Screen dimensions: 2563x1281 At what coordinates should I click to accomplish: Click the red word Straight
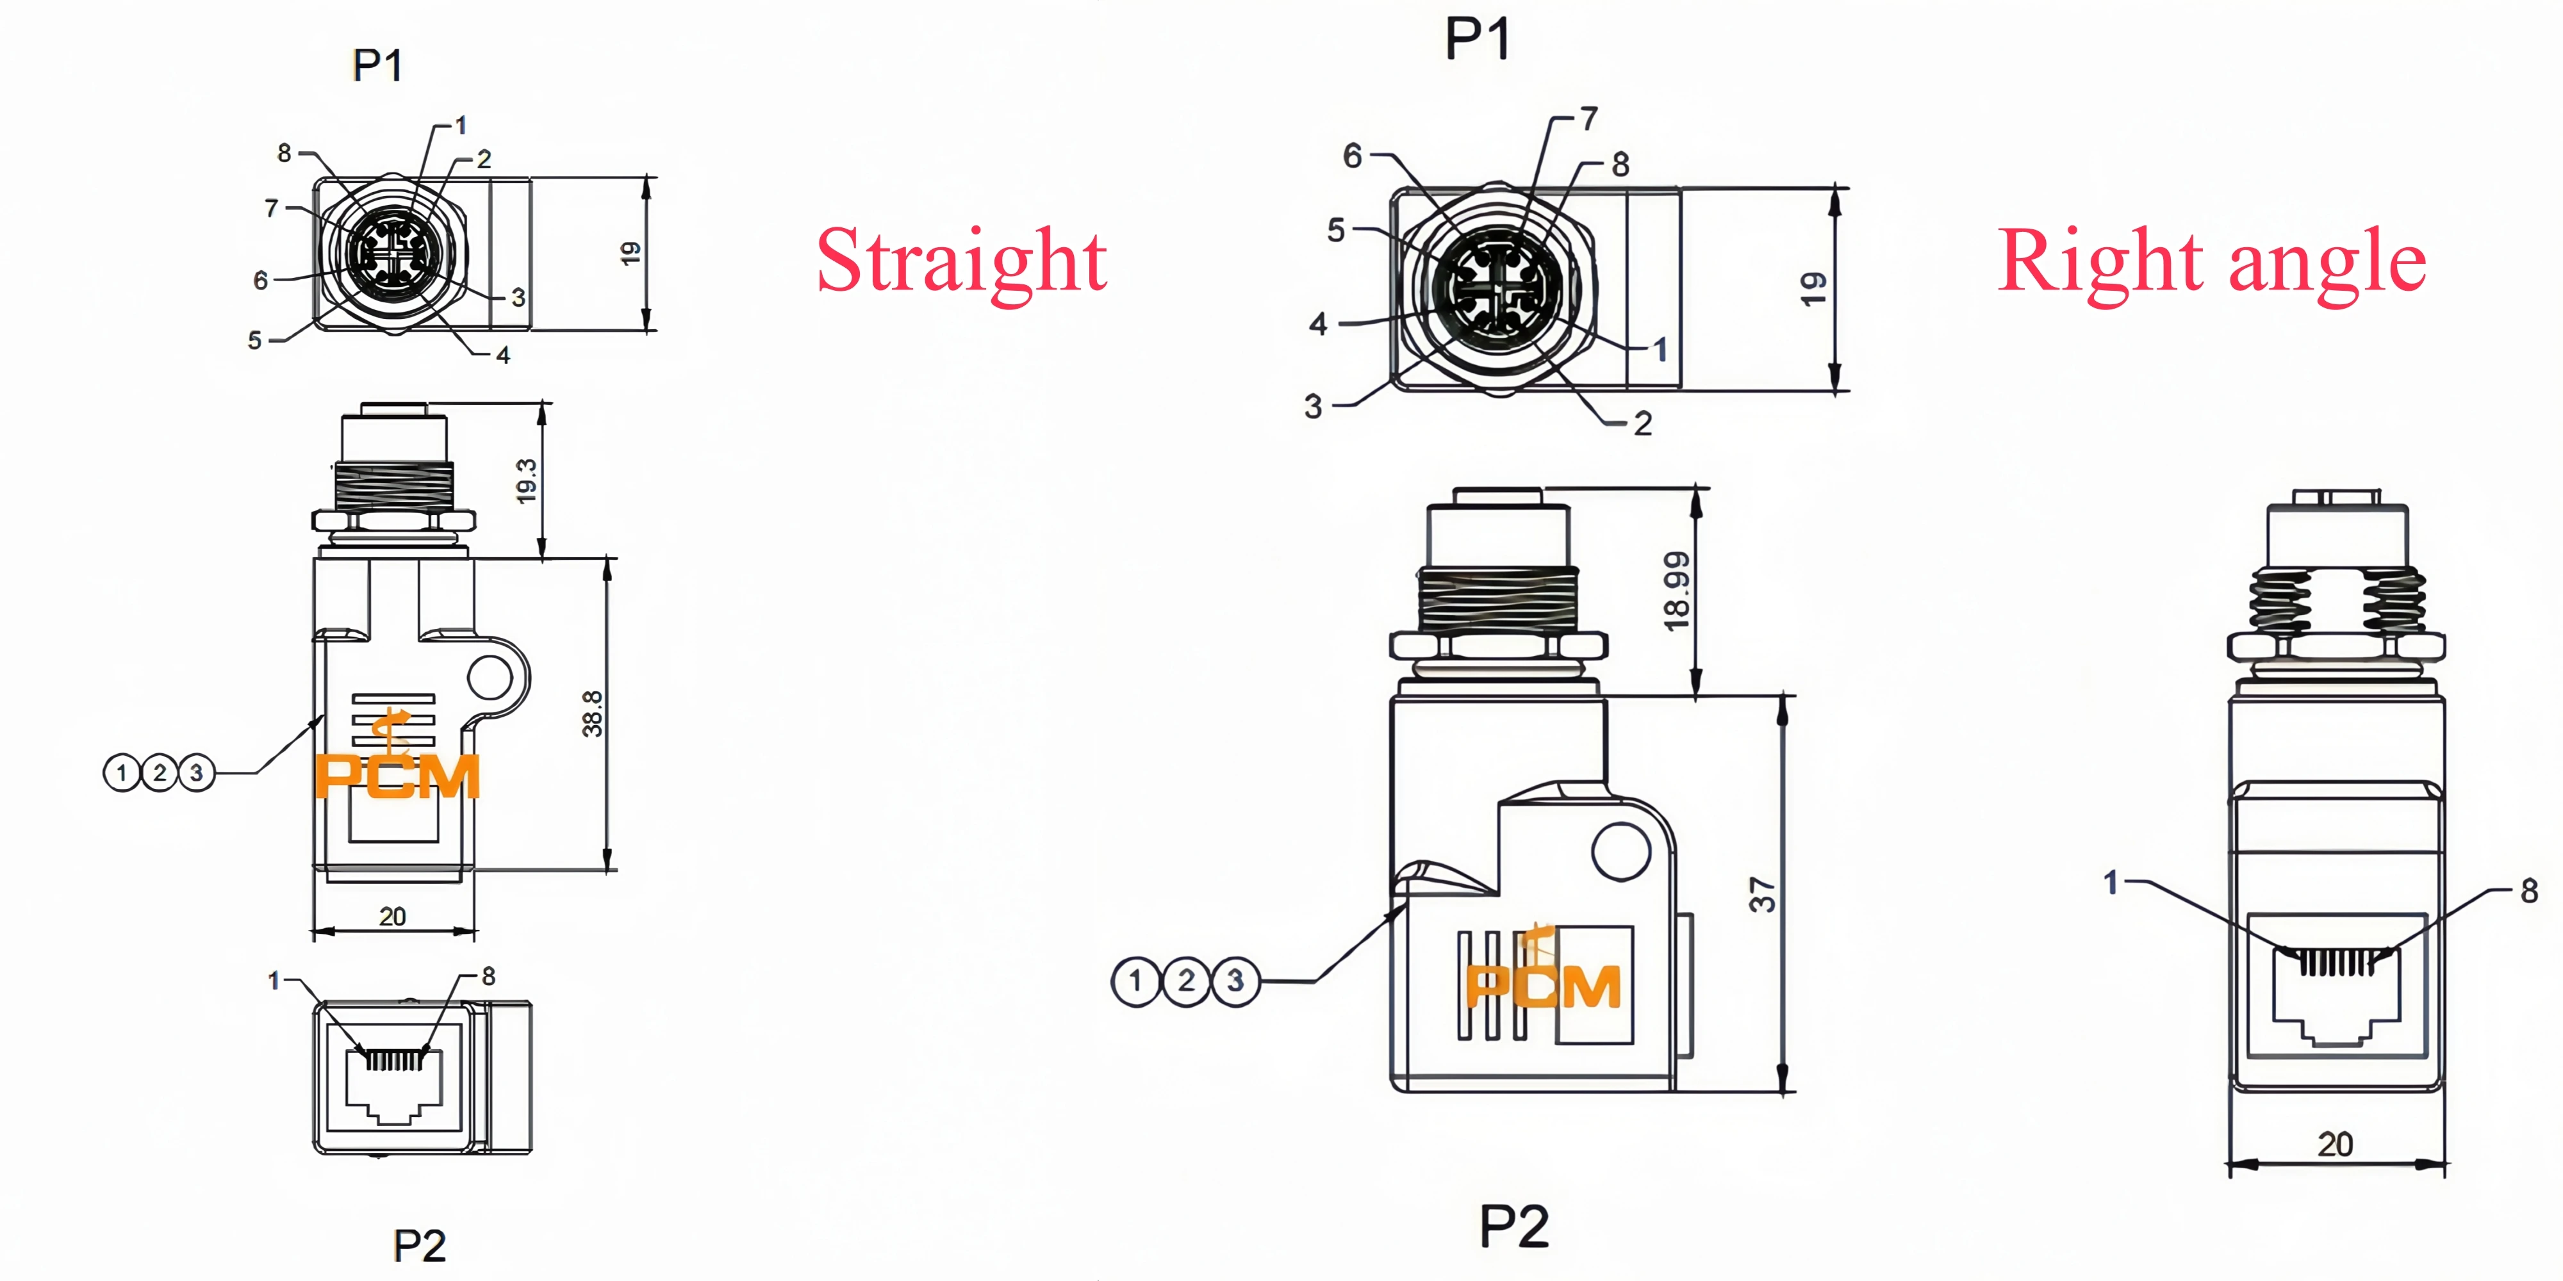(961, 261)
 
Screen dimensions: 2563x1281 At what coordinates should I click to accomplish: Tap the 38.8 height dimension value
(592, 714)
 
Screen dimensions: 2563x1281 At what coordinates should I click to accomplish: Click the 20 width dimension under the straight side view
(393, 916)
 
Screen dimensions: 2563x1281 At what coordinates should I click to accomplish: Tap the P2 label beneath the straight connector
(420, 1245)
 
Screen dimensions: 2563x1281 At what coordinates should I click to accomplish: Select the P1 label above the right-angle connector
(1478, 40)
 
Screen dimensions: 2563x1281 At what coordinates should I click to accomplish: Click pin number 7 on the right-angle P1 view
(1589, 118)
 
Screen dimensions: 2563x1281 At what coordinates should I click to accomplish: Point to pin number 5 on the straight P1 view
(255, 340)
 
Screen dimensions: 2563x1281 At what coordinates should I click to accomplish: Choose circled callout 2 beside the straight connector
(159, 773)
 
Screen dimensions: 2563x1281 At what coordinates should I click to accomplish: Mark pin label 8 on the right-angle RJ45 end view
(2529, 890)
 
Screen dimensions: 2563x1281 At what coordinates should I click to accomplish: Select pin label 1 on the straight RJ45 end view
(274, 981)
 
